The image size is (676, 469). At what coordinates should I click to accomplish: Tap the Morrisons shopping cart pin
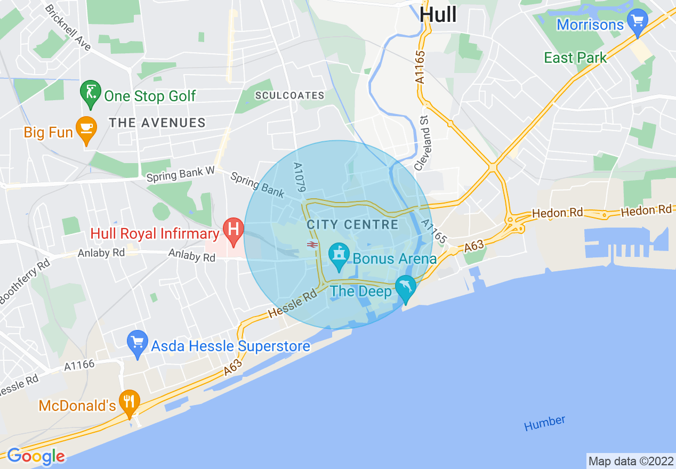(x=637, y=22)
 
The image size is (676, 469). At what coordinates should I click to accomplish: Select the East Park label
(x=575, y=58)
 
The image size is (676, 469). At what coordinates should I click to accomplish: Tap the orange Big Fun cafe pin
(x=85, y=130)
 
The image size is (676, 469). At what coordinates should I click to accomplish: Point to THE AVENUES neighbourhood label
(x=157, y=123)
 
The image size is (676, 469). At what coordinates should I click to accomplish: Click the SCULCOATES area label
(x=289, y=95)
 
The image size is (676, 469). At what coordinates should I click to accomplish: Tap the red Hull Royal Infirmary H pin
(x=233, y=231)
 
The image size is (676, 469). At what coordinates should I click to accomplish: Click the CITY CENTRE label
(x=352, y=224)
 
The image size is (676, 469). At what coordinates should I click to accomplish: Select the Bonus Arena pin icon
(x=338, y=256)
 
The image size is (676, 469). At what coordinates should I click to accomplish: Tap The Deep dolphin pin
(x=406, y=288)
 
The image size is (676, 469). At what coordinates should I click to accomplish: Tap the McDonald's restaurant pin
(x=129, y=402)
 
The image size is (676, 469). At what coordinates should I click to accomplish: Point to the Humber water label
(x=544, y=423)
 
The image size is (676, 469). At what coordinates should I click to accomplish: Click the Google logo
(x=36, y=456)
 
